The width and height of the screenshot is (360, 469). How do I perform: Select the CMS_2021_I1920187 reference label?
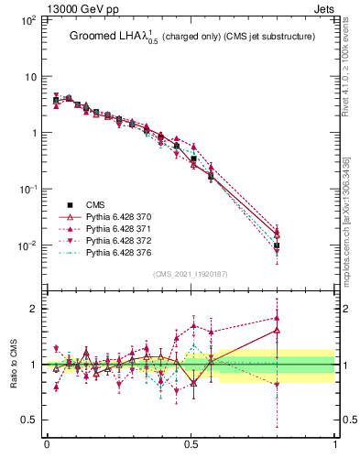tap(190, 273)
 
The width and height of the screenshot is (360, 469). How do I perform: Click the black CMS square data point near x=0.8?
tap(277, 245)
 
